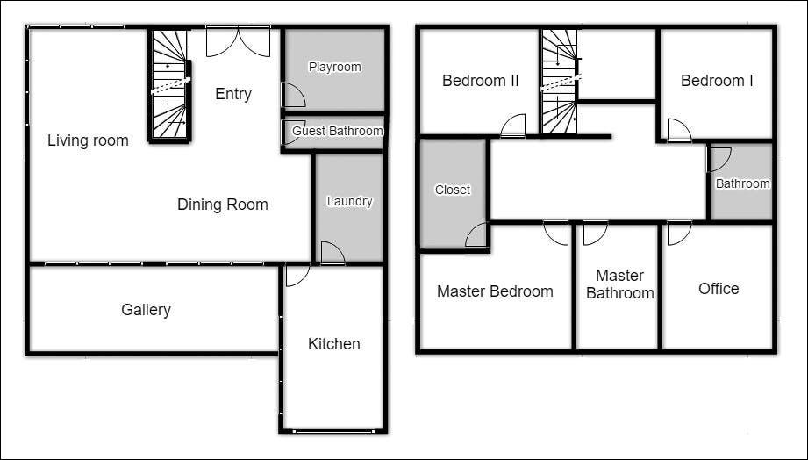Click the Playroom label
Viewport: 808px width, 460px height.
click(x=334, y=67)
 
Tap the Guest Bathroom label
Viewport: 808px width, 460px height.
click(x=338, y=131)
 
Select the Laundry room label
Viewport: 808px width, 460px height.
click(x=349, y=201)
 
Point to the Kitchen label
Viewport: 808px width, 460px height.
click(x=334, y=344)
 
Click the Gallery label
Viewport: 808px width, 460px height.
click(x=146, y=310)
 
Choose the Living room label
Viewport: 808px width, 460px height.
click(x=88, y=140)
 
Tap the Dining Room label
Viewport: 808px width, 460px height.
click(x=223, y=205)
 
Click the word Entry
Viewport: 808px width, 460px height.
click(x=233, y=94)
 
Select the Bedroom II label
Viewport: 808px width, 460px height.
click(x=480, y=81)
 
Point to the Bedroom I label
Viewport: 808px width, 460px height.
click(x=717, y=81)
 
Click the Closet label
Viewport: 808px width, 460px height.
click(x=453, y=190)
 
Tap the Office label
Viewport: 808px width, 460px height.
click(x=719, y=288)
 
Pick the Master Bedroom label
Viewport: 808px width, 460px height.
click(x=495, y=291)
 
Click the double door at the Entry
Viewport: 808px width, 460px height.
click(x=238, y=42)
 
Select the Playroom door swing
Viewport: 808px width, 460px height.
click(x=293, y=95)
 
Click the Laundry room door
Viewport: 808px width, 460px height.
click(x=332, y=253)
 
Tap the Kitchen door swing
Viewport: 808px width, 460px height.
click(x=297, y=275)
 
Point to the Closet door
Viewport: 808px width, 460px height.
click(x=476, y=234)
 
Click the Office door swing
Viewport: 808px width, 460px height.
click(x=680, y=234)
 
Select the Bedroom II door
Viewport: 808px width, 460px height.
click(x=512, y=126)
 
